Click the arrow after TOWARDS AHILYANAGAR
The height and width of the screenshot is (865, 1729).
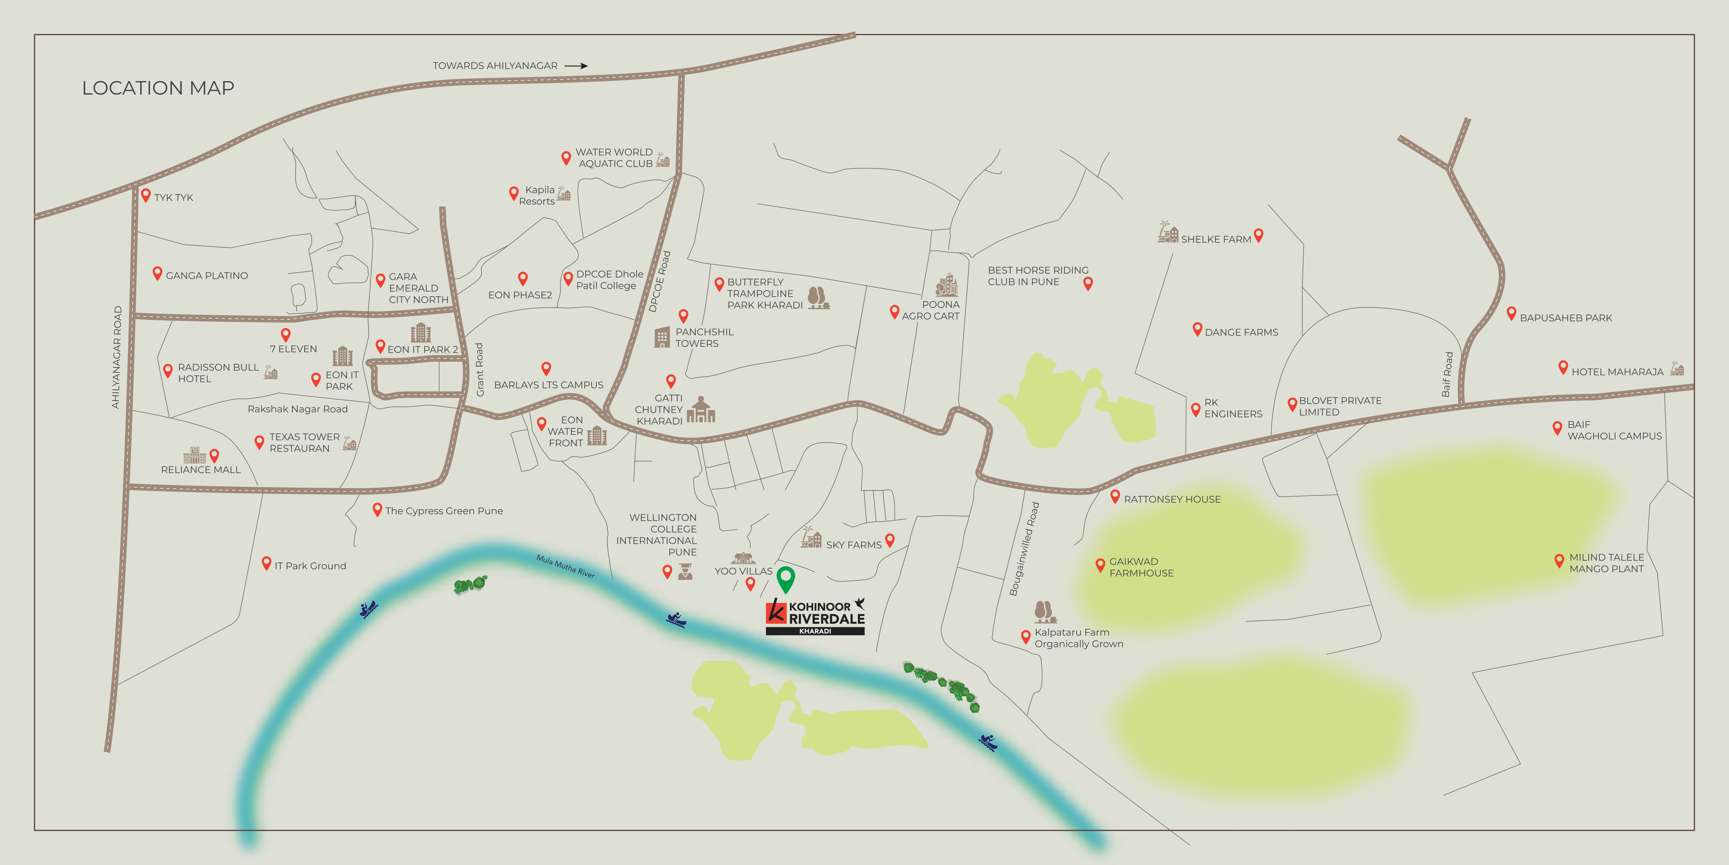576,66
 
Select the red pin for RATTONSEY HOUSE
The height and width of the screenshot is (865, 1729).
1115,496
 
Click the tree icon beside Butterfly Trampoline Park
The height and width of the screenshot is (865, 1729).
818,298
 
